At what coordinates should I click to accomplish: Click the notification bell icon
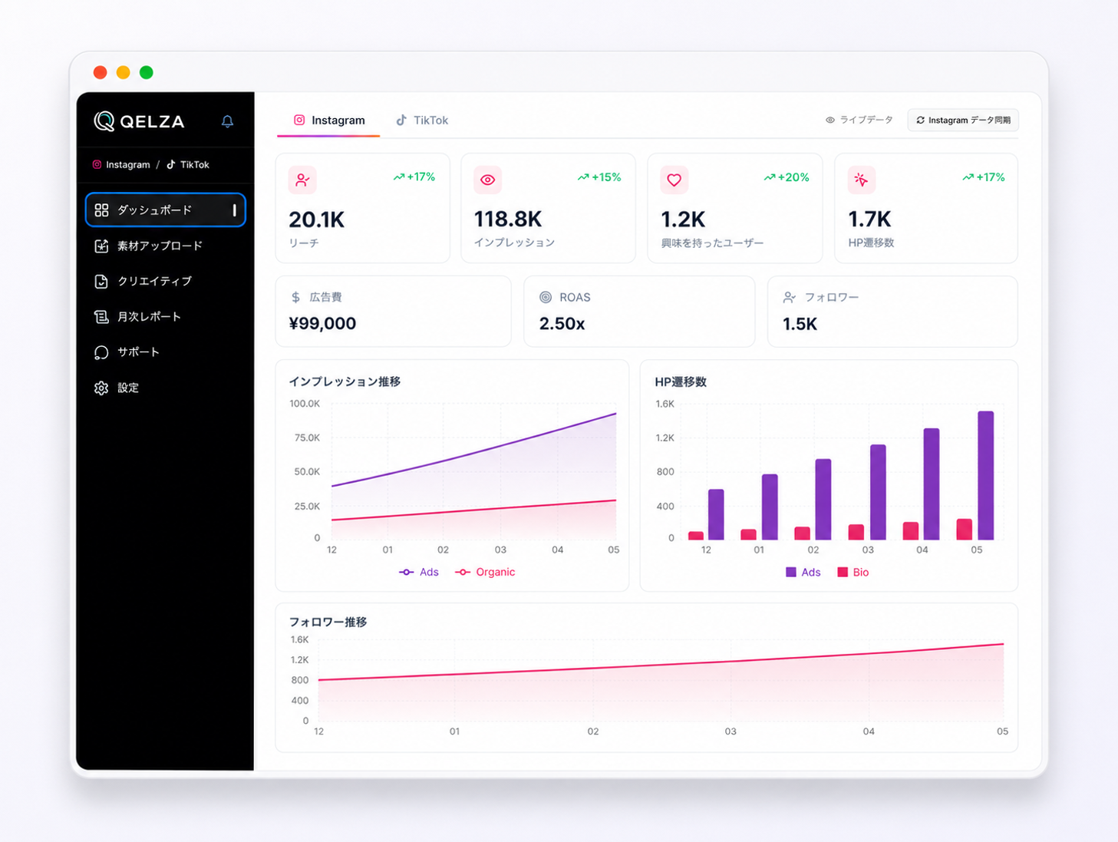click(x=227, y=121)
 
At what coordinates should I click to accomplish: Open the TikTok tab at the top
click(x=422, y=121)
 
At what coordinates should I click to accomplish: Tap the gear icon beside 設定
click(x=101, y=388)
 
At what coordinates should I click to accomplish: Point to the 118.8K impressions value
click(x=508, y=220)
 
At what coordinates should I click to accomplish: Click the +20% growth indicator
click(x=787, y=177)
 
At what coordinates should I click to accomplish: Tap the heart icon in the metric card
click(x=674, y=180)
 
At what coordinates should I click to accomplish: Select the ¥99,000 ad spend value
click(x=322, y=323)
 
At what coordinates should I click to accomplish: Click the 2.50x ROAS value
click(x=562, y=323)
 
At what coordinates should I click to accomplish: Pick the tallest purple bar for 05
click(x=985, y=475)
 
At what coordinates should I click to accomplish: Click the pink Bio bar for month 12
click(x=696, y=536)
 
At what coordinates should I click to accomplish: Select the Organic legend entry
click(x=485, y=572)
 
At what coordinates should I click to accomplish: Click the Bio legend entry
click(x=853, y=572)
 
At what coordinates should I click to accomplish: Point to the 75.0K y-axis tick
click(x=307, y=438)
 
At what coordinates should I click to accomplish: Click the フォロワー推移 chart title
click(x=328, y=622)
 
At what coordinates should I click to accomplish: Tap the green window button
click(x=147, y=72)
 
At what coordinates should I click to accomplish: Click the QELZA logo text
click(x=152, y=122)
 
